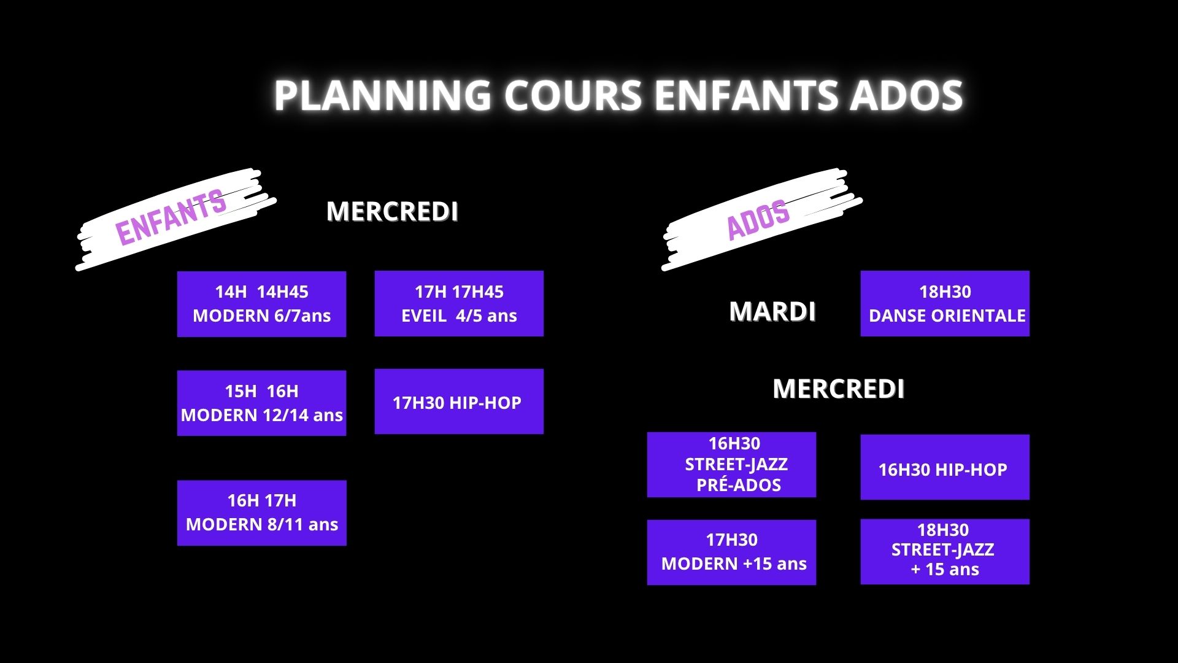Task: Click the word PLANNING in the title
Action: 382,95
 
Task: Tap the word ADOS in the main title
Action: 906,95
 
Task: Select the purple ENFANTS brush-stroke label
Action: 171,217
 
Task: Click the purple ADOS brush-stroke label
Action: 758,219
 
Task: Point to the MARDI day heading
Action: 772,311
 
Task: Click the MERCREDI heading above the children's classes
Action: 392,211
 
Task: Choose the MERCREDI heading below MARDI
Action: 838,389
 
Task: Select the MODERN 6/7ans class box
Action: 261,304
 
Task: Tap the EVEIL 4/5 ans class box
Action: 459,303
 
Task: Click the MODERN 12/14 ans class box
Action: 261,403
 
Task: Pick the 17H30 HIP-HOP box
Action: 459,401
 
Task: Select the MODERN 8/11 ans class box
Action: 262,513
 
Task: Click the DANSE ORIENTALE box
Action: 945,303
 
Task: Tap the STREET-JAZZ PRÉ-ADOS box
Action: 731,465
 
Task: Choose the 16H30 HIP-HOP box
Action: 945,467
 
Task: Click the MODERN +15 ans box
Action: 731,552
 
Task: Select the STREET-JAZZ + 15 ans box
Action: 945,551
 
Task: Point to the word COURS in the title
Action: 573,95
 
